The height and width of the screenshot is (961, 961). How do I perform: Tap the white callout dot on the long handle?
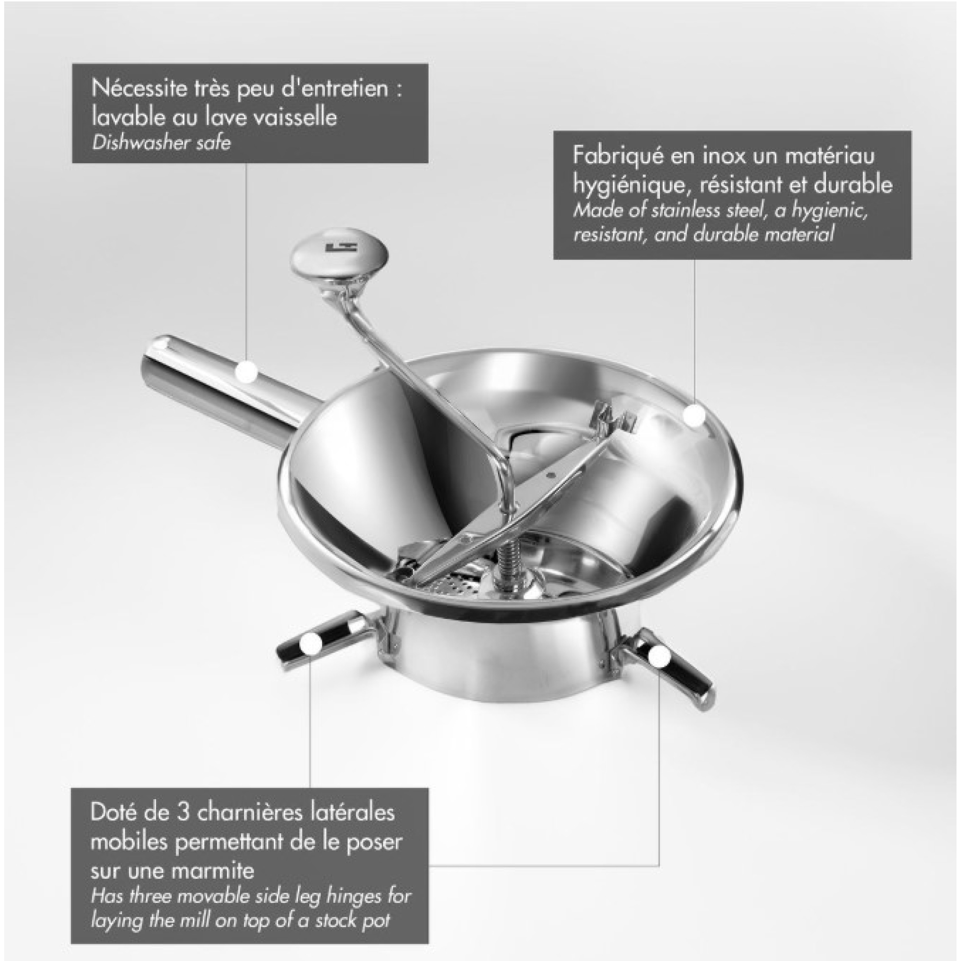pos(246,372)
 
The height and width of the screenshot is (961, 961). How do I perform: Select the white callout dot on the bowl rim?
pos(694,416)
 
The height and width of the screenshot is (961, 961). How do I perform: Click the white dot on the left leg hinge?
pos(311,645)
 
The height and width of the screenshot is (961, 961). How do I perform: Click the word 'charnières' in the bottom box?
pos(251,813)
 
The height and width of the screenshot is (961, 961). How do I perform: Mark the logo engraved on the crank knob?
pos(334,247)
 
